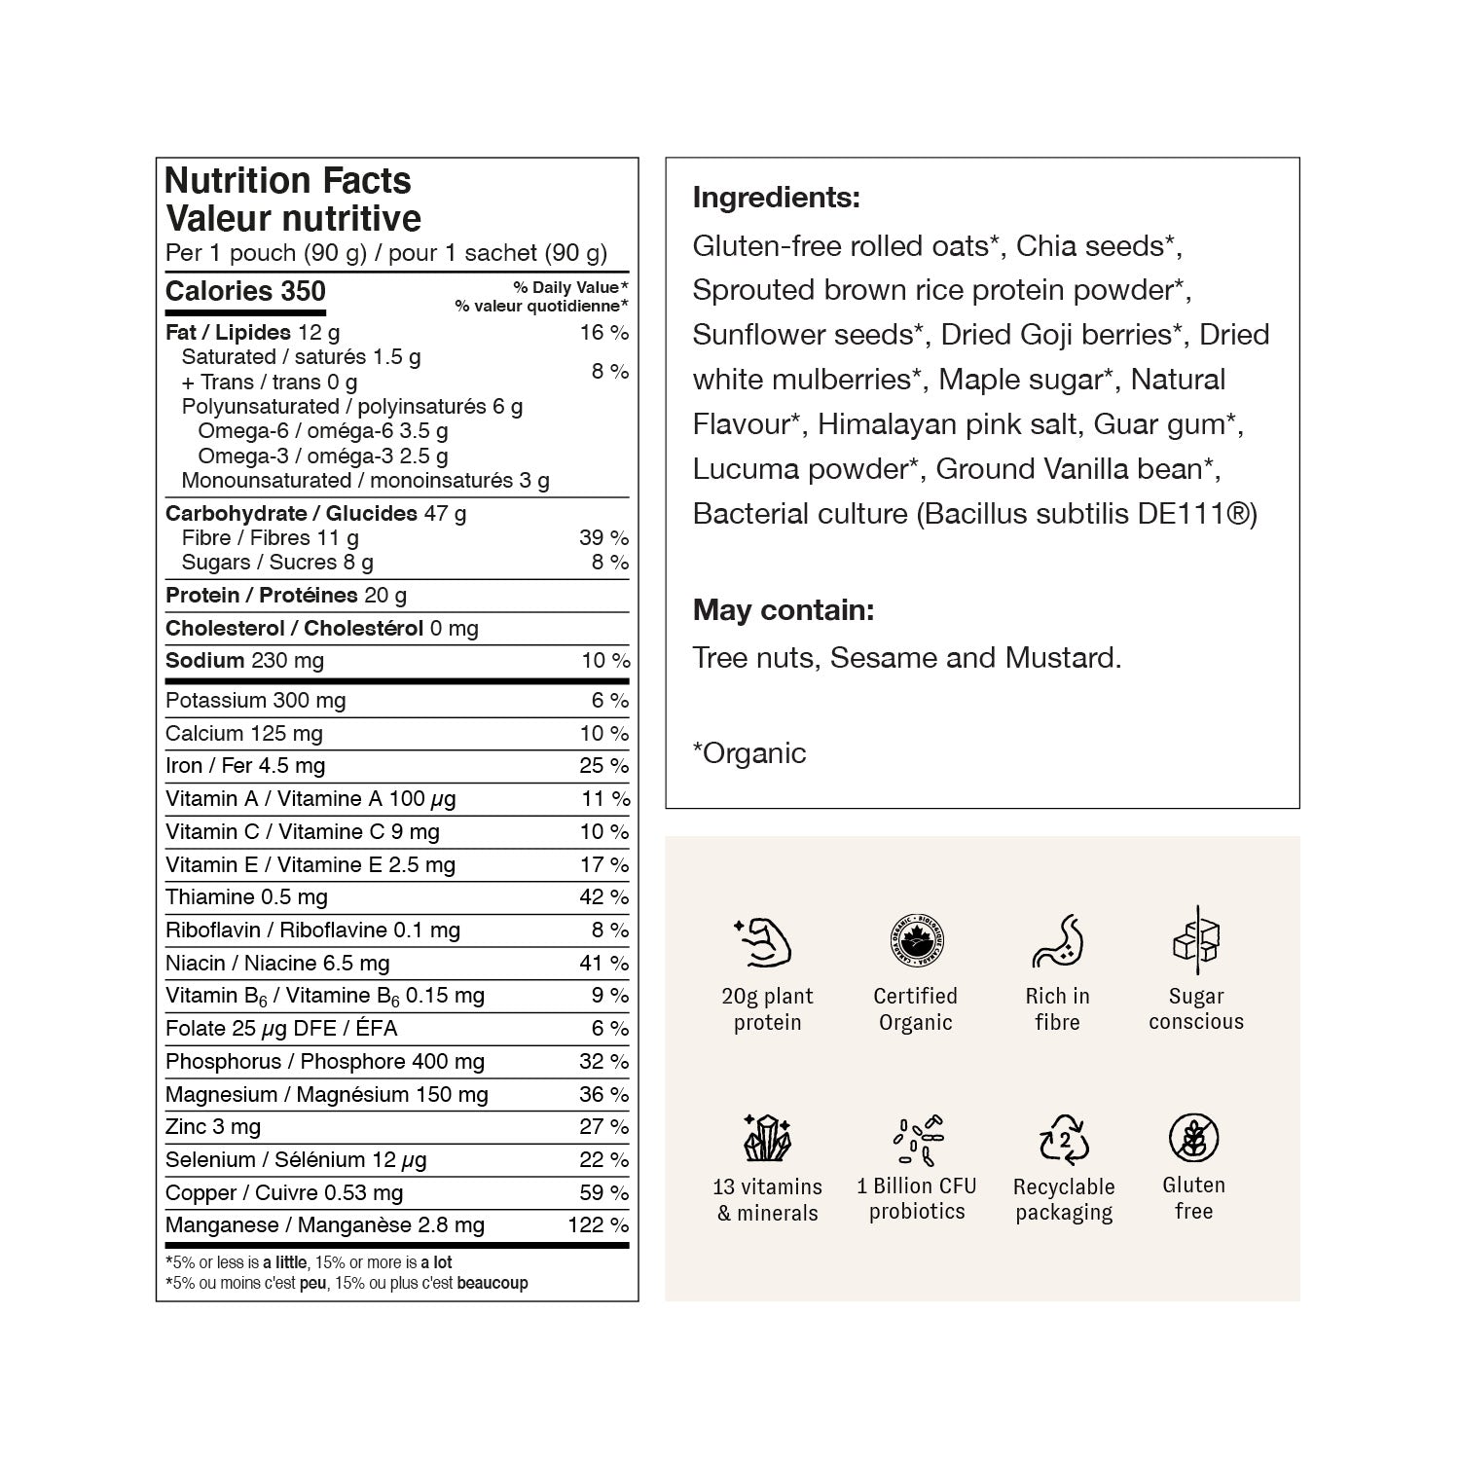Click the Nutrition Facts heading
click(x=288, y=181)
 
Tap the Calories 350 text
click(x=245, y=292)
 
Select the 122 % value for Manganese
click(x=598, y=1225)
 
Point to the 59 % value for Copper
click(x=603, y=1192)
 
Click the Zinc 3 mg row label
click(x=213, y=1127)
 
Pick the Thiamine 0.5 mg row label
click(x=246, y=897)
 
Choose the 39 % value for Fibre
click(x=603, y=537)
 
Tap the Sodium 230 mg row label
click(x=244, y=661)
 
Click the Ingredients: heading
click(x=776, y=198)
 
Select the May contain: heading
click(x=784, y=610)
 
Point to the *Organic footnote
click(x=748, y=753)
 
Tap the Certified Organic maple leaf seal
click(x=915, y=941)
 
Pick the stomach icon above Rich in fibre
click(x=1057, y=941)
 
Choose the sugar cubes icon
click(x=1196, y=939)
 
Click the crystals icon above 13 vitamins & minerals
click(x=767, y=1138)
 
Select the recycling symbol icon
click(x=1064, y=1139)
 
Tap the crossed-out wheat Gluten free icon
click(x=1193, y=1138)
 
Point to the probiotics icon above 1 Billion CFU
click(x=917, y=1139)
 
